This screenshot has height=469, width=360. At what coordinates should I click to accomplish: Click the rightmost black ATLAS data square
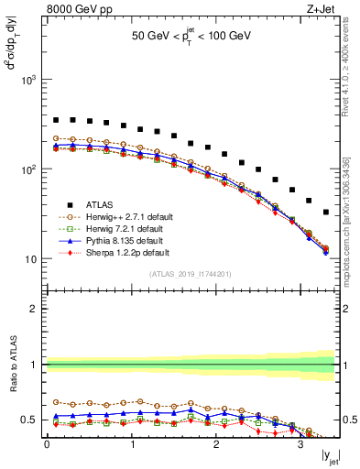pyautogui.click(x=326, y=212)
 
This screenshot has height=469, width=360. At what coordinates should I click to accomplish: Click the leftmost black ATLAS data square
pyautogui.click(x=56, y=120)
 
